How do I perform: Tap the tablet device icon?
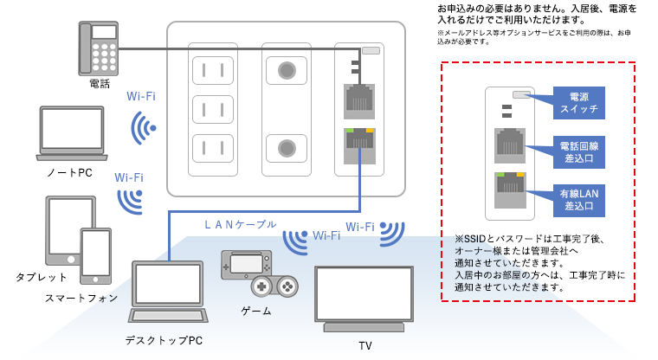point(69,230)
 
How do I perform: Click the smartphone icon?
point(95,256)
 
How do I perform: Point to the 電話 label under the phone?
point(99,85)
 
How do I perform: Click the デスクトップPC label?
point(164,338)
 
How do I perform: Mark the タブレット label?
point(41,277)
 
